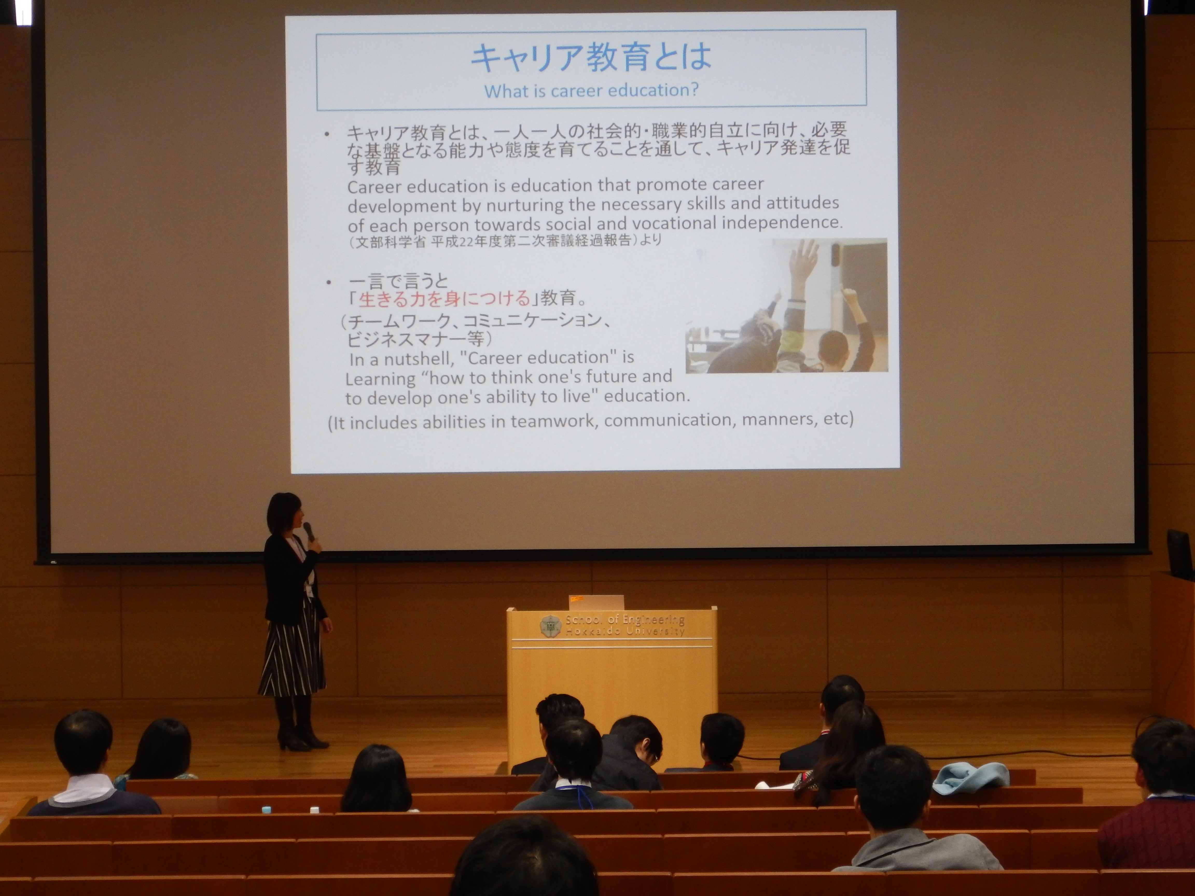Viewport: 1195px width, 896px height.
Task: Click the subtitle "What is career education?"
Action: click(x=591, y=90)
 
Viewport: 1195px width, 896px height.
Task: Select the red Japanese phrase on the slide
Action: click(x=444, y=298)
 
